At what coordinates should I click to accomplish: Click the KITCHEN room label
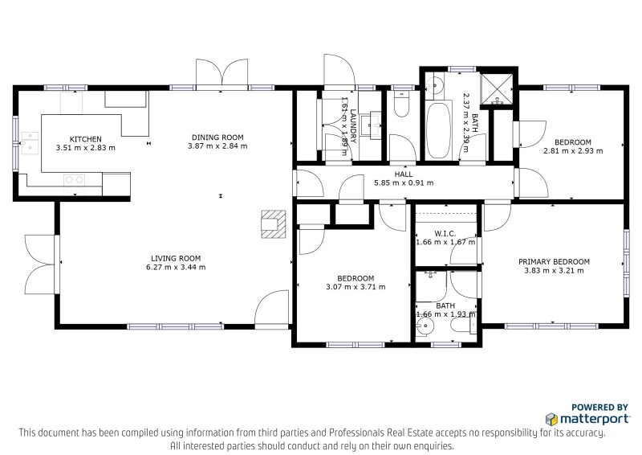86,139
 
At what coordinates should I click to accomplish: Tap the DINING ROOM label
217,137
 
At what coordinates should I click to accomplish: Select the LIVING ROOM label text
176,258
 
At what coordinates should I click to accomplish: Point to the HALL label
404,174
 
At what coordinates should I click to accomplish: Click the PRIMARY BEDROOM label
554,261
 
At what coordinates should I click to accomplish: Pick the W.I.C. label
445,233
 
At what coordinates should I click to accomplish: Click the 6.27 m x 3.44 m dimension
176,267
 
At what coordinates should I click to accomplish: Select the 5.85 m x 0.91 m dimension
404,183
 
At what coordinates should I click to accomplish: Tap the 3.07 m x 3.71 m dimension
356,287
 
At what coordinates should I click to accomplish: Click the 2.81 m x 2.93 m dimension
573,150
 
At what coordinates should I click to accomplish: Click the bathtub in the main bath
438,130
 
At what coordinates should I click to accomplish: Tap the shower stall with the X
497,89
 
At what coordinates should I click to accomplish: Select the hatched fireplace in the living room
274,224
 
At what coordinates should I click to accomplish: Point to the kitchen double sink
30,143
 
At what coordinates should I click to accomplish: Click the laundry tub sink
376,125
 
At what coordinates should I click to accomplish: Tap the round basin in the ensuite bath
425,326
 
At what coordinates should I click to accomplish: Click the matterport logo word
595,419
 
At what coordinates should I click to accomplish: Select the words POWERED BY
599,407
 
